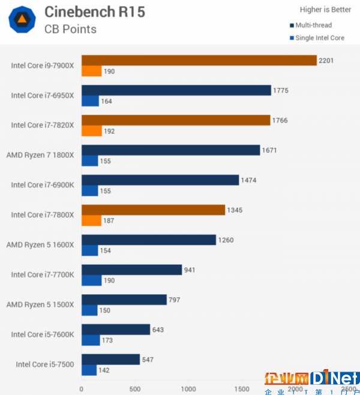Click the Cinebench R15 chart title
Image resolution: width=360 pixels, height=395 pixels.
95,11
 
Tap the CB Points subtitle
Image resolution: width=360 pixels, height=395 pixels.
70,29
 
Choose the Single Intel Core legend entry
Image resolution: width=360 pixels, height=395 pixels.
319,38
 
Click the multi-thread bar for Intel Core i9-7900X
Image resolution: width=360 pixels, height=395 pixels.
199,60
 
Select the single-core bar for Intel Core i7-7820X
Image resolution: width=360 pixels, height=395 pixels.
92,131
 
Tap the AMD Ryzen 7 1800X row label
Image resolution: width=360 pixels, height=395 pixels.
40,155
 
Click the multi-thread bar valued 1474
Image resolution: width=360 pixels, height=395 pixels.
160,179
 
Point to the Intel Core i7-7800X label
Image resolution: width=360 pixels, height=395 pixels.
43,215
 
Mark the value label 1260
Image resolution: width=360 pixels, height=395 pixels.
226,240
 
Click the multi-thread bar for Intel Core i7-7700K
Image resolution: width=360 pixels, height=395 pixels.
131,270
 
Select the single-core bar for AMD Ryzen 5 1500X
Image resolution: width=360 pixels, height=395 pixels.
89,310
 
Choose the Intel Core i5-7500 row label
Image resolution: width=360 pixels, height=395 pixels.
45,364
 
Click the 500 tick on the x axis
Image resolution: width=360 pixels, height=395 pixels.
134,388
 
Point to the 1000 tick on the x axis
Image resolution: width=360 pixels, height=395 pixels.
188,388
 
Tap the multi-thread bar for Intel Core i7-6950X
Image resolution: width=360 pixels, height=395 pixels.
176,90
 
